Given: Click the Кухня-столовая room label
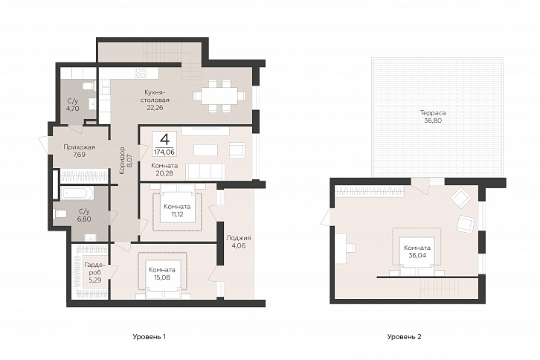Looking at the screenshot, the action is point(157,96).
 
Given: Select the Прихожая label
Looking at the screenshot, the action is point(79,147).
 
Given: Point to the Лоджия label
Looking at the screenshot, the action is point(238,238).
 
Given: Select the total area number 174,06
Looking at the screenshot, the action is point(164,151).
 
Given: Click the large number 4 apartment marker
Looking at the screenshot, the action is point(164,139).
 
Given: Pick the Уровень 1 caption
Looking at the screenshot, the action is point(150,337).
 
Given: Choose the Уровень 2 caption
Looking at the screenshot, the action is point(405,337).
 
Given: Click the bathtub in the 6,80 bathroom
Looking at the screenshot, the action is point(77,193).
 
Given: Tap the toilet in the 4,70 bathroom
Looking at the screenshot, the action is point(89,86).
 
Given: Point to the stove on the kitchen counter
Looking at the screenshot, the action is point(141,72).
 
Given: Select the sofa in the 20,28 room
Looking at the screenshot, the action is point(205,171).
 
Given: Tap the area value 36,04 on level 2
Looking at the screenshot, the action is point(417,255).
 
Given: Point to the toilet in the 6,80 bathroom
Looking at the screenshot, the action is point(60,214).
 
